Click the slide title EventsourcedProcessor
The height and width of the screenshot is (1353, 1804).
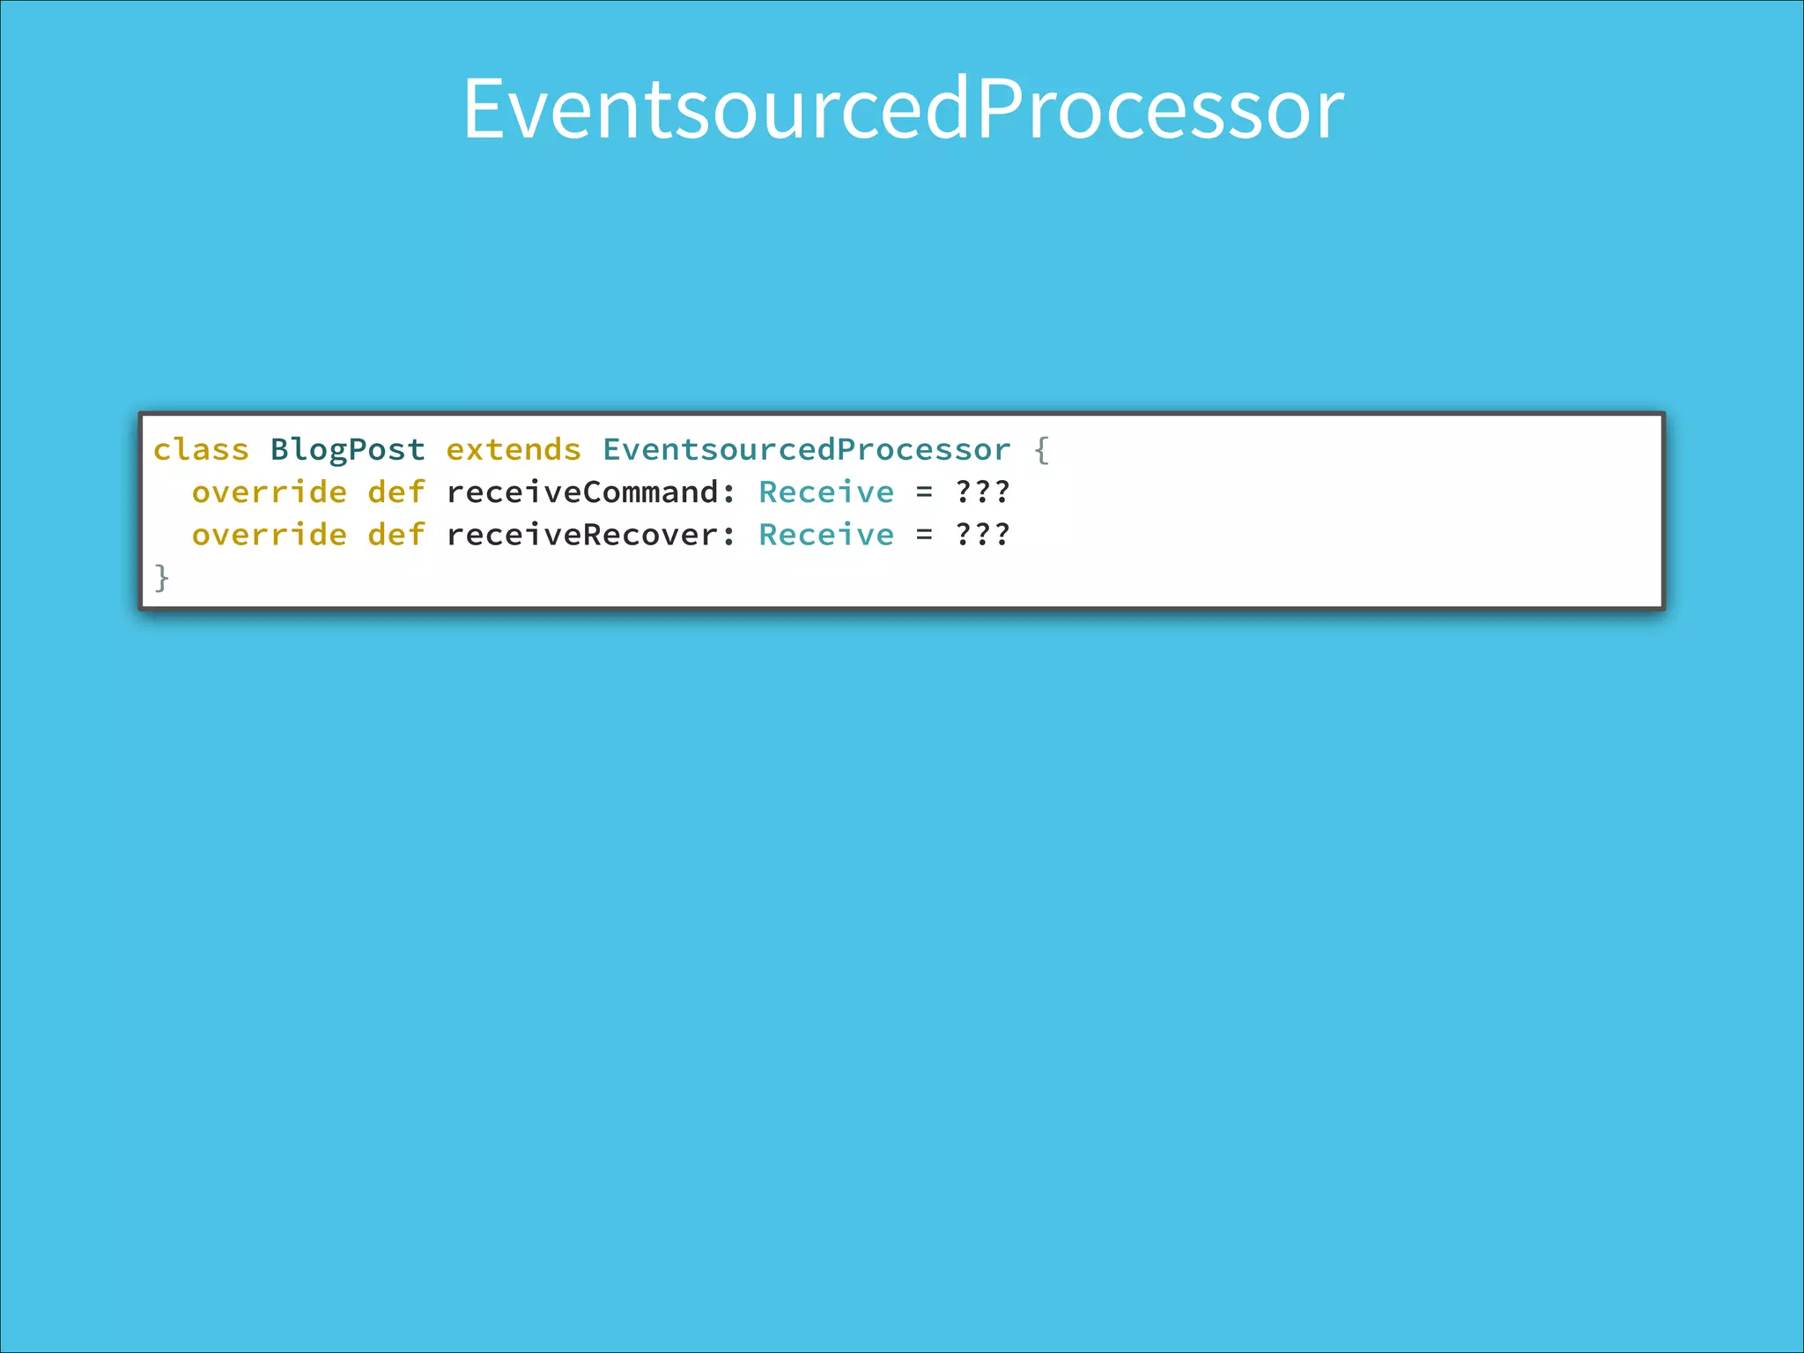click(x=903, y=108)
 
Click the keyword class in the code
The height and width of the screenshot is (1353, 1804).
click(x=201, y=450)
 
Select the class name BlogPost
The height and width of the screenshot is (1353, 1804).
click(x=348, y=450)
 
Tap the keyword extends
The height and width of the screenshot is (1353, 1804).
click(x=514, y=450)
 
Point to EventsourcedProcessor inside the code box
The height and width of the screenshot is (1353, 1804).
click(x=806, y=450)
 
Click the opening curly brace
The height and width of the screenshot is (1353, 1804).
click(x=1041, y=450)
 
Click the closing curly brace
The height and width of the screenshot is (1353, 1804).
click(x=161, y=578)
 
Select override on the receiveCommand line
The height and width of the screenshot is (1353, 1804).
click(x=270, y=492)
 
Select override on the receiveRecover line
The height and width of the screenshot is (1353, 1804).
click(x=270, y=535)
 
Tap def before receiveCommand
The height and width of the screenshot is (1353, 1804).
click(x=396, y=492)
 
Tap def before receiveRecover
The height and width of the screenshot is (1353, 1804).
click(x=396, y=535)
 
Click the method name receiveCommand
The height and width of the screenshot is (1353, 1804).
click(x=582, y=492)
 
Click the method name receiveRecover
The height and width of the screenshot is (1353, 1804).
click(x=582, y=535)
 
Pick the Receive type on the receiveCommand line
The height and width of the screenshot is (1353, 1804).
click(x=826, y=492)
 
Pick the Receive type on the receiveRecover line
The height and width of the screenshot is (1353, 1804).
click(x=826, y=535)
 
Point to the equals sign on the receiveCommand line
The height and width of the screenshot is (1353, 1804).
click(x=924, y=492)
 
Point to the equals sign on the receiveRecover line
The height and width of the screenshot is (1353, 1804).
click(x=924, y=535)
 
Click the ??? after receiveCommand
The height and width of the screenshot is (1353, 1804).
click(x=982, y=492)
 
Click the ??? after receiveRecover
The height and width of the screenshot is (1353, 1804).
click(x=982, y=534)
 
